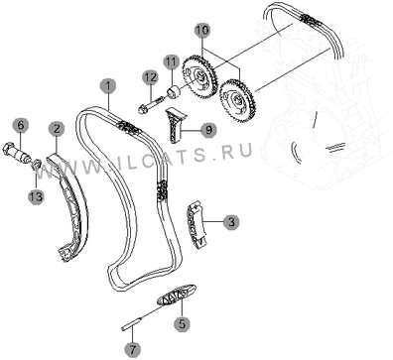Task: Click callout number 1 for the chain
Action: coord(108,86)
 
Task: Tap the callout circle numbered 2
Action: coord(57,129)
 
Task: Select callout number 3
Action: coord(231,222)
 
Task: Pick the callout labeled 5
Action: coord(183,323)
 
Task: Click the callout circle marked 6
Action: coord(21,125)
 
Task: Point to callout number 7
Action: coord(133,349)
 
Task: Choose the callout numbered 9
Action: coord(208,130)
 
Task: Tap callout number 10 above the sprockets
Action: coord(202,31)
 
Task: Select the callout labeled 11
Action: coord(172,62)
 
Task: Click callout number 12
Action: coord(151,78)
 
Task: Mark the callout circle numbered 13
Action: coord(36,196)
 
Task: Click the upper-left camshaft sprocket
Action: coord(198,76)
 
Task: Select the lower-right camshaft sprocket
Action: coord(237,100)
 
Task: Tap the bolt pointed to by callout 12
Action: coord(150,104)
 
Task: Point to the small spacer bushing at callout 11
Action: coord(174,91)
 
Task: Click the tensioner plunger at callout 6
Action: coord(17,153)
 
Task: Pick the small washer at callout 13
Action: coord(36,164)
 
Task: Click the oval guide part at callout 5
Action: coord(177,294)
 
